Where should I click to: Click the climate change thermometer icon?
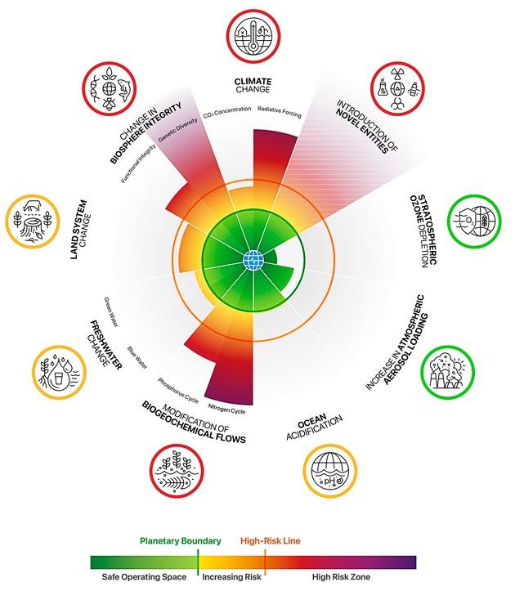tap(253, 36)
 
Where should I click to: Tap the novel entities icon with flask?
tap(397, 88)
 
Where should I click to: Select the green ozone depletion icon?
tap(474, 222)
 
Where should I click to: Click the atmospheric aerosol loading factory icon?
tap(447, 372)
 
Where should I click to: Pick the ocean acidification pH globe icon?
tap(330, 471)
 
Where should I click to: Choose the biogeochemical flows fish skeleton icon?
tap(177, 471)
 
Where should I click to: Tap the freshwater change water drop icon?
tap(59, 373)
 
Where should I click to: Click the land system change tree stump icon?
tap(33, 222)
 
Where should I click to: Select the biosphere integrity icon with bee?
tap(110, 89)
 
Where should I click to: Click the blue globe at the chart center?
tap(253, 260)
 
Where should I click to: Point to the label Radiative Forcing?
tap(280, 112)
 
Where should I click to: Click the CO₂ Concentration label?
tap(227, 111)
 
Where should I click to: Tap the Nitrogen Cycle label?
tap(227, 409)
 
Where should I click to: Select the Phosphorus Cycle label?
tap(178, 391)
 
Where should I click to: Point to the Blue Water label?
tap(137, 357)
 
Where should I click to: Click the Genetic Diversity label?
tap(178, 130)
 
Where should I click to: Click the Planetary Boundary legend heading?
tap(180, 541)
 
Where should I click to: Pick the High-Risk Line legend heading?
tap(271, 541)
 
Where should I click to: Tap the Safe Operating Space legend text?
tap(144, 576)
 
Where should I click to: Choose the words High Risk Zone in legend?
tap(341, 576)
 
